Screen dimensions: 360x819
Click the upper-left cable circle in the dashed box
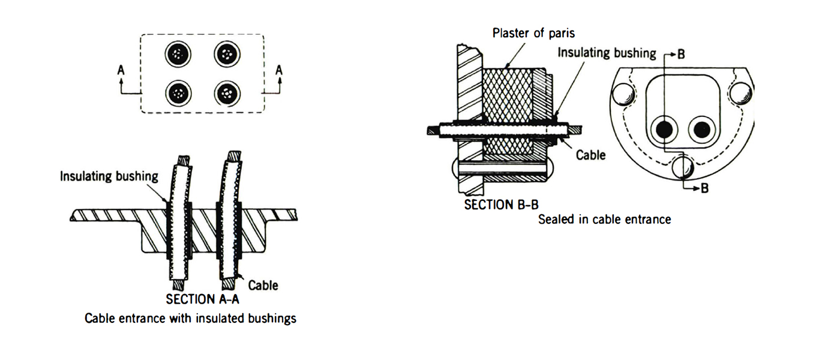click(178, 56)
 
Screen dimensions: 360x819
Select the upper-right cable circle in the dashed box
click(227, 56)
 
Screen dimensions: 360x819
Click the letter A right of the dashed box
click(279, 71)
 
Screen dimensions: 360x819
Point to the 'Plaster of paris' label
click(533, 33)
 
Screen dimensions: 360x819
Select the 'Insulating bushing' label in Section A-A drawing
click(109, 176)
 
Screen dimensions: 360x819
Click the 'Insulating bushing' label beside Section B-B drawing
click(607, 53)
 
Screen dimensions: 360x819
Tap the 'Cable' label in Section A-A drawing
click(263, 285)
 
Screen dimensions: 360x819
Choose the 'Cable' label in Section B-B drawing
click(590, 155)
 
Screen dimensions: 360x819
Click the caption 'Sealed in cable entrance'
click(604, 220)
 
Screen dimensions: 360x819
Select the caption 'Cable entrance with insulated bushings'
click(191, 318)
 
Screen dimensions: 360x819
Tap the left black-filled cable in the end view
click(665, 129)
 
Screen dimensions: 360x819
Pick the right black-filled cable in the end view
click(700, 129)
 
